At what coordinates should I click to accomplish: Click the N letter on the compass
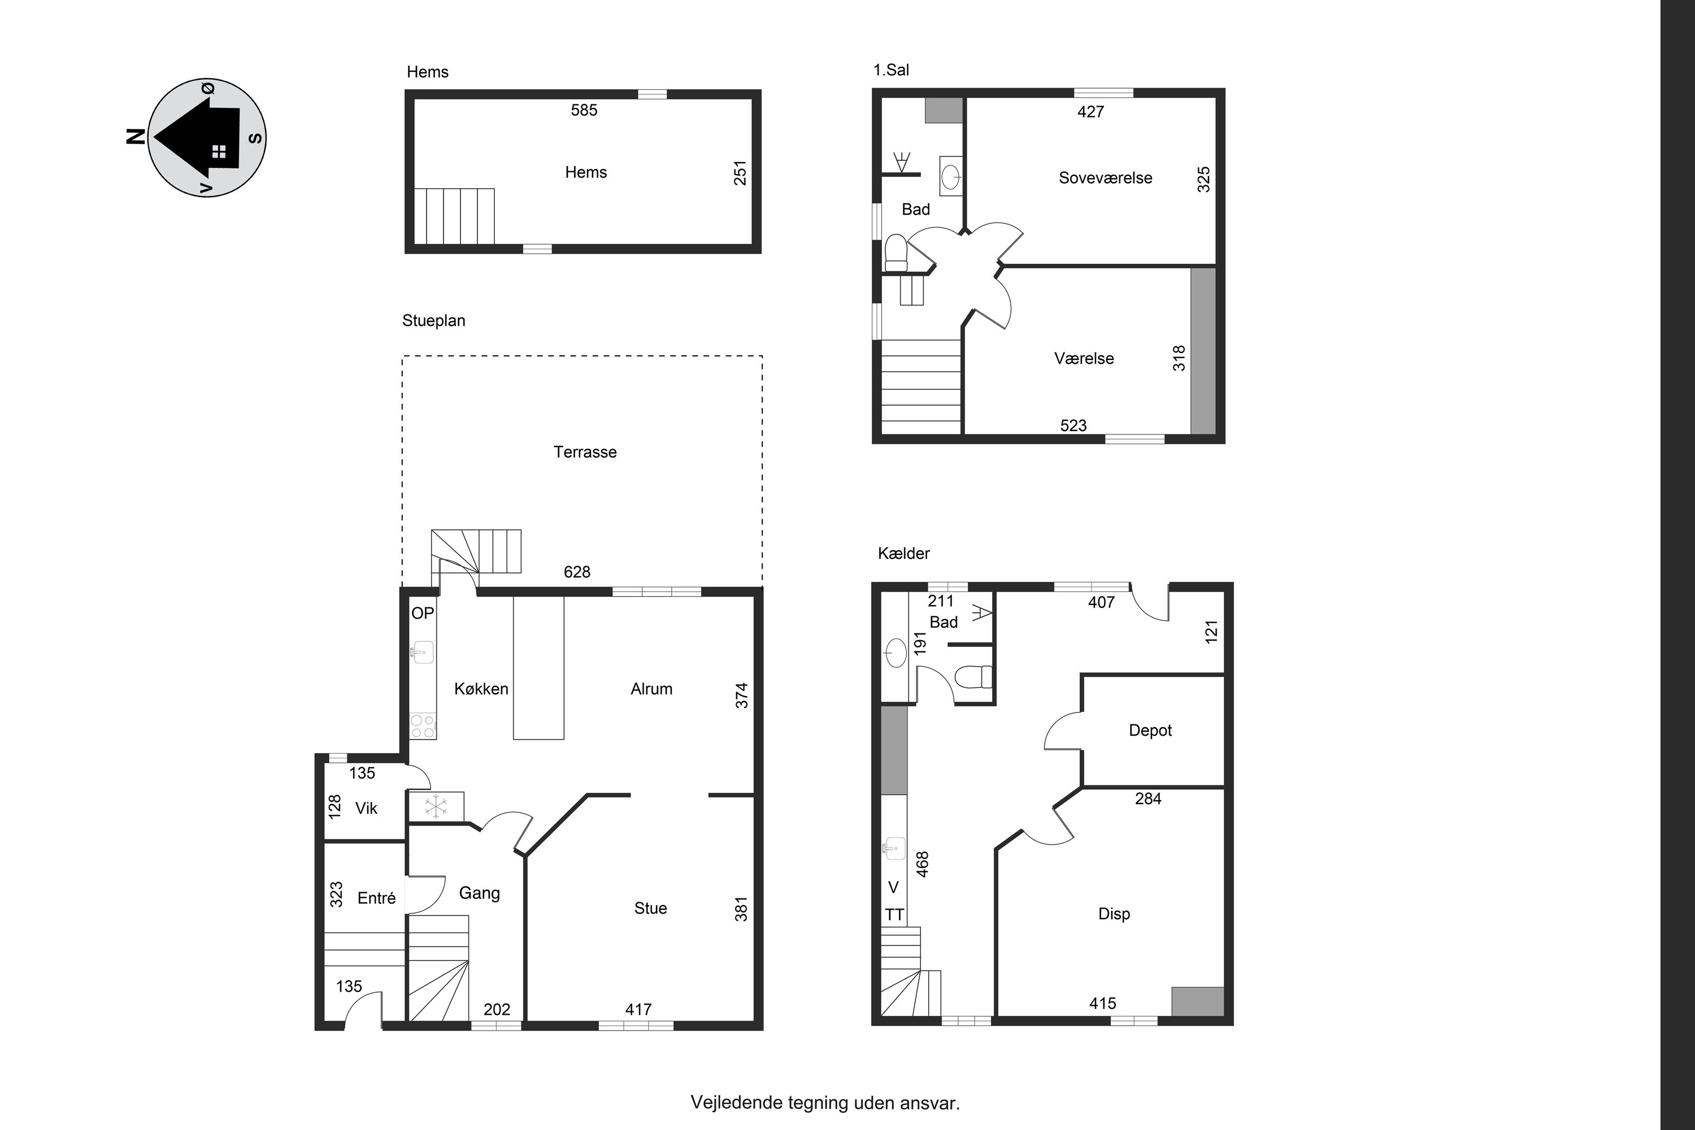(x=136, y=137)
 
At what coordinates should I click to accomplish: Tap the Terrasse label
(x=585, y=452)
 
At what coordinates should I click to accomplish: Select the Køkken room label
(x=481, y=689)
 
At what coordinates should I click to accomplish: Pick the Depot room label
(x=1150, y=731)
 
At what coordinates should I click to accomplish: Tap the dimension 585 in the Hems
(x=584, y=110)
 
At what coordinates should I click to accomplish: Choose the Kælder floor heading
(x=903, y=554)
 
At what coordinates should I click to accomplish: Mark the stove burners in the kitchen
(x=423, y=727)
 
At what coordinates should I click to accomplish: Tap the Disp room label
(x=1114, y=914)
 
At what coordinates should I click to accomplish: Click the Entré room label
(x=376, y=898)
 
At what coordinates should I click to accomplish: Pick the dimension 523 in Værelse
(x=1073, y=426)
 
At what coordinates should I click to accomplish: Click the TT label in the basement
(x=894, y=915)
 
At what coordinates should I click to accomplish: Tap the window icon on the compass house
(x=219, y=151)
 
